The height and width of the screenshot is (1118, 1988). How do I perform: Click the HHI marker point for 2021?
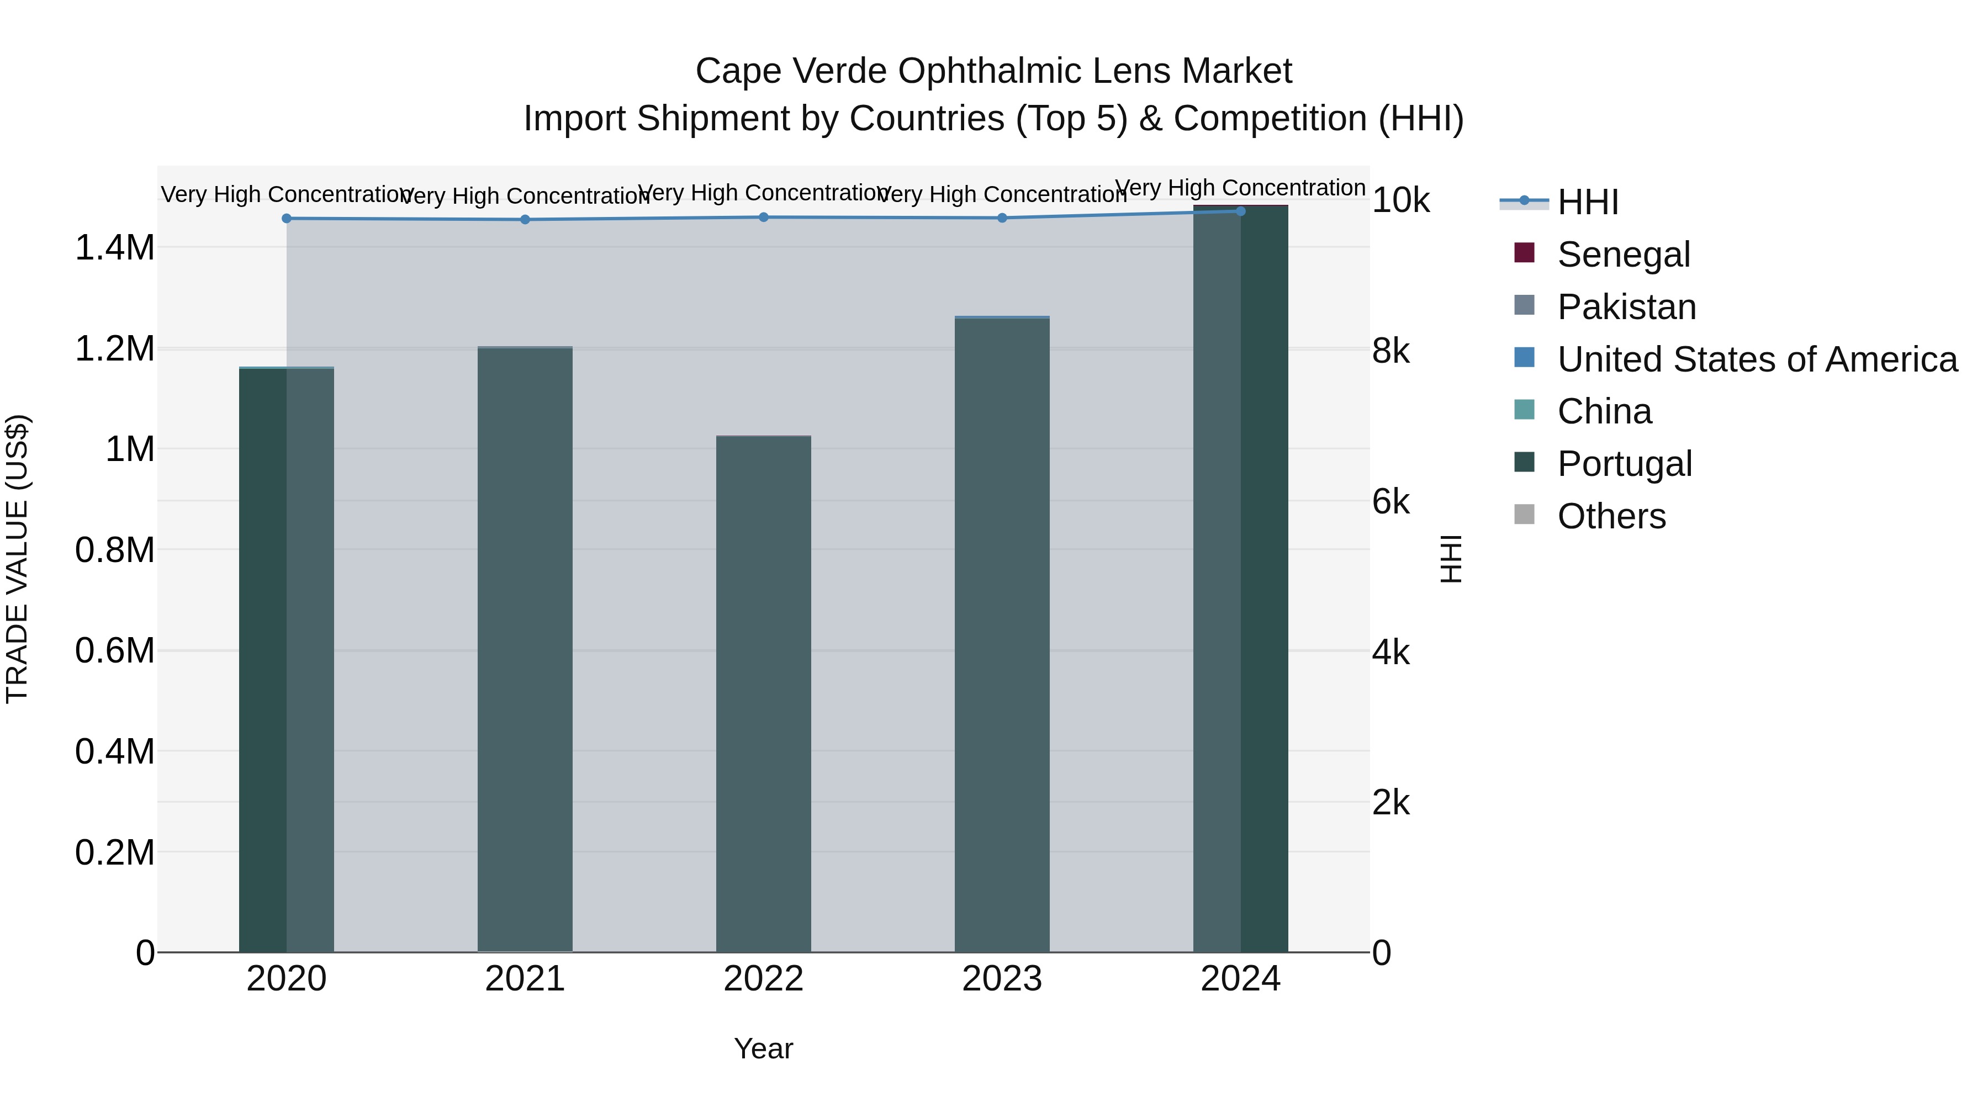(525, 220)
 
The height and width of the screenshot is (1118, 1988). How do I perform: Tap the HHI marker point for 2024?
(1240, 211)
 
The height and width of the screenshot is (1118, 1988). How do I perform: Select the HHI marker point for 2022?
(763, 218)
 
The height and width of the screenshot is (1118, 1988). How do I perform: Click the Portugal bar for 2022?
(763, 695)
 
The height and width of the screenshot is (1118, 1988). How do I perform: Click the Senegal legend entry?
(1623, 255)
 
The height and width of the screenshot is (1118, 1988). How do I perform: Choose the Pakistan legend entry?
(1626, 307)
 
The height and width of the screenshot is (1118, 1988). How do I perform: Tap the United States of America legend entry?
(1757, 359)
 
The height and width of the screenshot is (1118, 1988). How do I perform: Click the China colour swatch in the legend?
(1524, 410)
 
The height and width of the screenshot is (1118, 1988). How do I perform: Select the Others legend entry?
(1611, 516)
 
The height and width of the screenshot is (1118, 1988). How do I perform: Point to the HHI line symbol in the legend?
(1524, 202)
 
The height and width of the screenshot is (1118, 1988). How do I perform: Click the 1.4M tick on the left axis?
(115, 248)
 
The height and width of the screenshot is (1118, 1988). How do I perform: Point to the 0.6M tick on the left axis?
(115, 650)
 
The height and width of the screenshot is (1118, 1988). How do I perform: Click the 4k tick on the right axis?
(1390, 653)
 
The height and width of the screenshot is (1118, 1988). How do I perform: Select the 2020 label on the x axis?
(286, 979)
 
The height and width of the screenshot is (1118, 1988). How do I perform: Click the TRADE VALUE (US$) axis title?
(17, 559)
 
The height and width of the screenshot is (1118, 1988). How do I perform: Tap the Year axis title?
(763, 1048)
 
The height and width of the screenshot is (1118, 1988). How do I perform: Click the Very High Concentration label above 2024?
(1240, 188)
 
